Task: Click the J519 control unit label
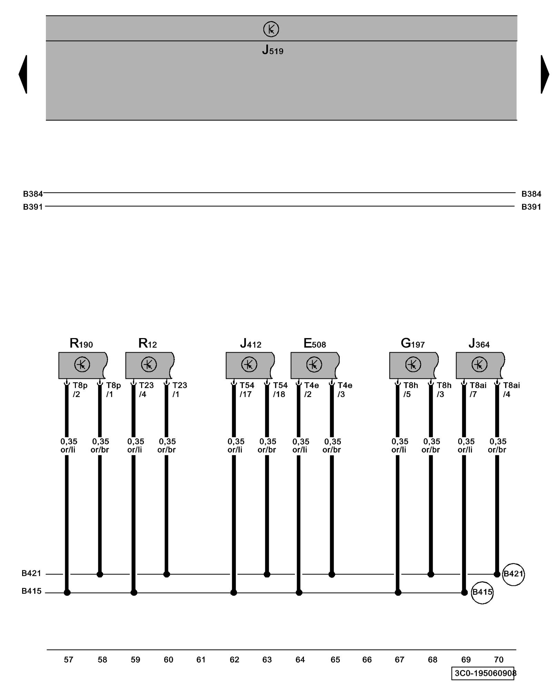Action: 273,50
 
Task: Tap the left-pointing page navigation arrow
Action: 23,74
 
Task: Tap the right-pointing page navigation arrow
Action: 545,74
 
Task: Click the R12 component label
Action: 147,343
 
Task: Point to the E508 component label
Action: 314,343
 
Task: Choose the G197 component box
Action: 413,365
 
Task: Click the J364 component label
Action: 479,343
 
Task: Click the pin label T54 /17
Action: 247,390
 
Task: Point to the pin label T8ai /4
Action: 511,390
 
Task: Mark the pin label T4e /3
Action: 344,390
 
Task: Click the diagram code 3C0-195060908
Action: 484,673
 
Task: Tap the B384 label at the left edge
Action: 33,194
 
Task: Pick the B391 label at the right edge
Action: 531,207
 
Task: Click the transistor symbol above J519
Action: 271,29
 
